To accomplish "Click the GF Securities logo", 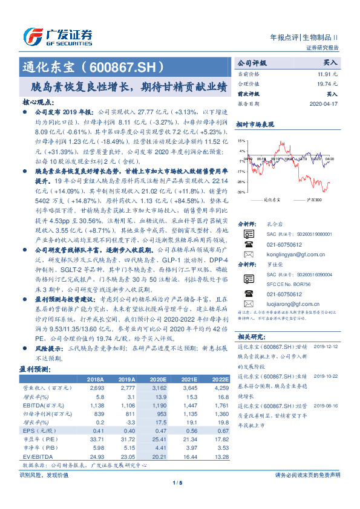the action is click(58, 36).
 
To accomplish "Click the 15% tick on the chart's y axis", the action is click(241, 141).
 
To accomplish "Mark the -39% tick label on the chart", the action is click(241, 192).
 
